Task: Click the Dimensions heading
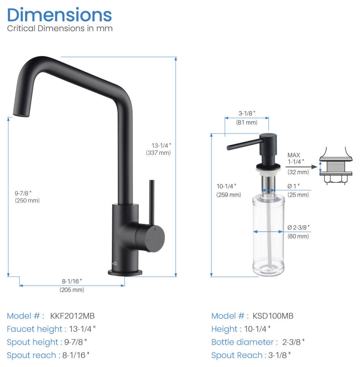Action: [x=59, y=15]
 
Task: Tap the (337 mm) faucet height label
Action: [x=159, y=153]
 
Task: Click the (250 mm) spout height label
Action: [x=27, y=201]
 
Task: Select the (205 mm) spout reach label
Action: [x=72, y=290]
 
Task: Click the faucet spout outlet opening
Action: [x=21, y=115]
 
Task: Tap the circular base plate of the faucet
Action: [x=125, y=273]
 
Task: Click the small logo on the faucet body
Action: [x=114, y=264]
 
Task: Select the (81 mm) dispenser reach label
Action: [x=247, y=122]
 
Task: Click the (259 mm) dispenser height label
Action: [x=229, y=195]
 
